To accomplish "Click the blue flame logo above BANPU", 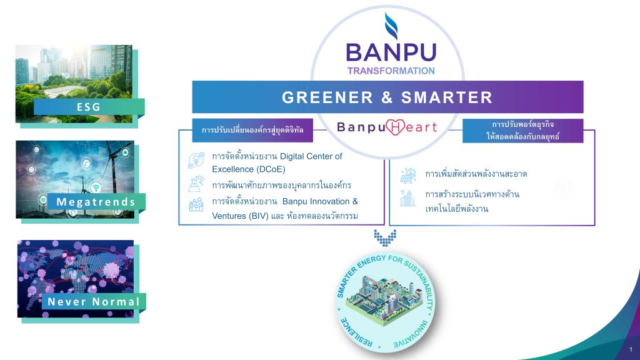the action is coord(391,26).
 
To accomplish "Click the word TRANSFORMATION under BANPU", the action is coord(391,71).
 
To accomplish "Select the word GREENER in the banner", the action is coord(327,97).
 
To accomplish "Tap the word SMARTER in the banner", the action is coord(447,97).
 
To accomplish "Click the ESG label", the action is coord(89,107).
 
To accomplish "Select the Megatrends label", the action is coord(96,202).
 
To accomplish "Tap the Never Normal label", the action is coord(94,302).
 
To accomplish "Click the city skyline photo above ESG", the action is coord(74,84).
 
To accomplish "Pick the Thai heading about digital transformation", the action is coord(252,130).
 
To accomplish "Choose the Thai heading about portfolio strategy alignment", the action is coord(522,130).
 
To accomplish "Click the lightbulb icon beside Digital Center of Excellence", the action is coord(196,160).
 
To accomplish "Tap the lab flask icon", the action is coord(196,184).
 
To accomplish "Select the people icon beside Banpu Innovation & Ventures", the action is coord(196,204).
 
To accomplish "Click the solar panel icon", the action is coord(407,175).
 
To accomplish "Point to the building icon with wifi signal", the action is coord(407,198).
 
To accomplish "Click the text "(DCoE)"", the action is coord(269,169).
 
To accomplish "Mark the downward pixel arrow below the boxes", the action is coord(385,237).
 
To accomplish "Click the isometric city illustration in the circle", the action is coord(385,301).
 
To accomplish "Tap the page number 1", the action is coord(631,349).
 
